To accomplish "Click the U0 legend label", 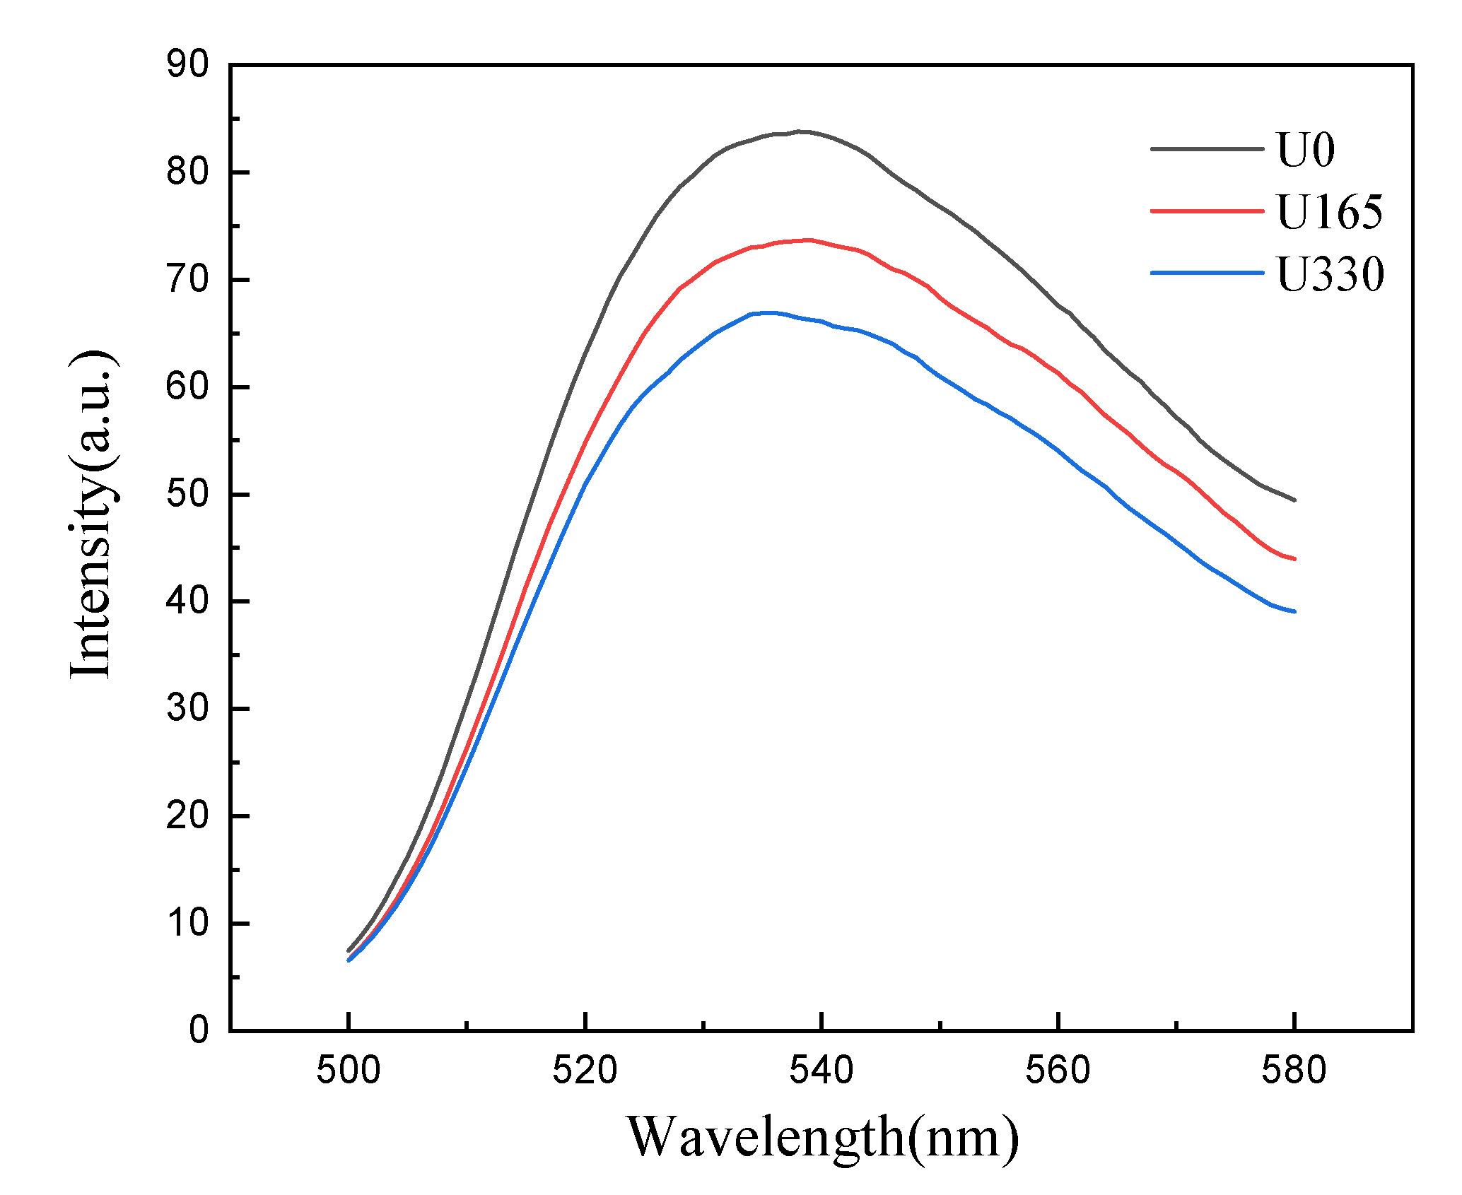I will [x=1305, y=150].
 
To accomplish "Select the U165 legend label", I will [x=1329, y=211].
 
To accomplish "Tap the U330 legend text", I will [x=1330, y=273].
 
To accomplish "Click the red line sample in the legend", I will [x=1207, y=211].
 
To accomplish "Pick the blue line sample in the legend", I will [x=1207, y=273].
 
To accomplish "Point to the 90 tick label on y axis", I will [x=188, y=65].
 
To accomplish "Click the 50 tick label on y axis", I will [x=188, y=494].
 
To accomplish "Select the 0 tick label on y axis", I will [x=199, y=1030].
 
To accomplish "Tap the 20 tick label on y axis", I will [x=188, y=816].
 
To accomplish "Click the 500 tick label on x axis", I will [x=349, y=1071].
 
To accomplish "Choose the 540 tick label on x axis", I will [x=821, y=1071].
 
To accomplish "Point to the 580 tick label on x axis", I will [x=1294, y=1071].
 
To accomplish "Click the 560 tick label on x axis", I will [x=1058, y=1071].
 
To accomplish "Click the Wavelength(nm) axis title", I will [x=823, y=1137].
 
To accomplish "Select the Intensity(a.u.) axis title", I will [x=92, y=514].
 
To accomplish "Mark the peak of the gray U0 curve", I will [x=799, y=131].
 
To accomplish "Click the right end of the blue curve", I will [x=1294, y=611].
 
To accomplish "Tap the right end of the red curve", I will [x=1294, y=558].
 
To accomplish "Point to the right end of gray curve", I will [x=1294, y=500].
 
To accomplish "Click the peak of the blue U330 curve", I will [x=767, y=312].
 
